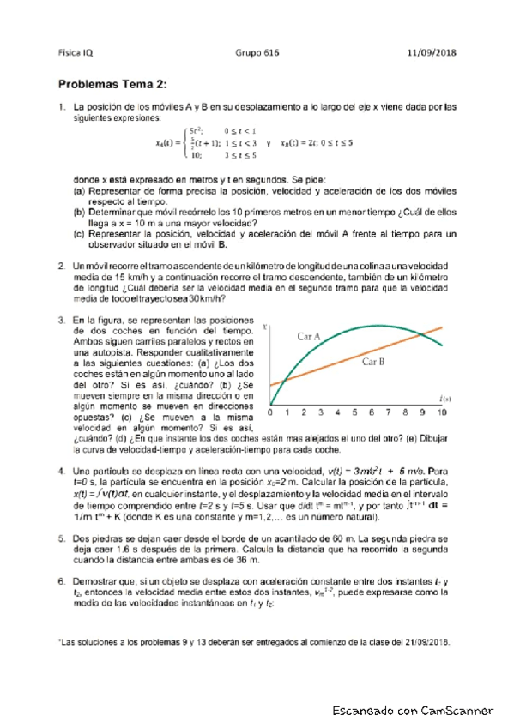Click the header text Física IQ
click(76, 52)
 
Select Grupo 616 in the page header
click(254, 52)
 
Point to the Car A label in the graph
click(309, 337)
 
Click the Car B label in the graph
click(372, 363)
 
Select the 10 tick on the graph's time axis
click(441, 412)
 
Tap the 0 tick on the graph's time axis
click(270, 412)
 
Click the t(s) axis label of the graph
click(445, 398)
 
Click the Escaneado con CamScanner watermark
click(415, 711)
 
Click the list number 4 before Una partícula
click(62, 472)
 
